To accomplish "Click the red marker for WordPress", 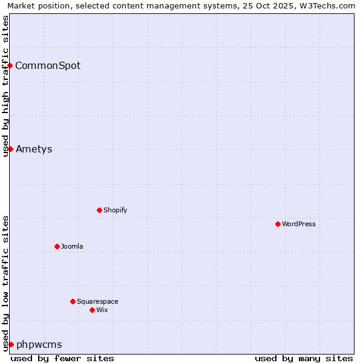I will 278,224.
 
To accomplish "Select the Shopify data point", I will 99,210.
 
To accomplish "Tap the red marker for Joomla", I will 57,246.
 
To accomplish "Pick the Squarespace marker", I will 73,301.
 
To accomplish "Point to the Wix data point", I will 92,310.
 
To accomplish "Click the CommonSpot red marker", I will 10,65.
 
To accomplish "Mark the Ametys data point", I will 10,149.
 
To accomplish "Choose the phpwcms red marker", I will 11,344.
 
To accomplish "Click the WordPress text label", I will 299,224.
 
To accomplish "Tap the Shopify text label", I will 116,210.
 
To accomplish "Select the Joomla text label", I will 72,246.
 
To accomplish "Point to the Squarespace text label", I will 97,301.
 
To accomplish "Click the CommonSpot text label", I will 48,65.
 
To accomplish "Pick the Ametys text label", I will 34,149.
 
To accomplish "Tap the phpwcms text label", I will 39,344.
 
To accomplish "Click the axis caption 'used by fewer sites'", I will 62,358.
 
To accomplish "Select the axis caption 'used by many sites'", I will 304,358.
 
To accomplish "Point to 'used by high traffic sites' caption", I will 5,86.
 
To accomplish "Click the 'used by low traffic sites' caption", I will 5,283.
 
